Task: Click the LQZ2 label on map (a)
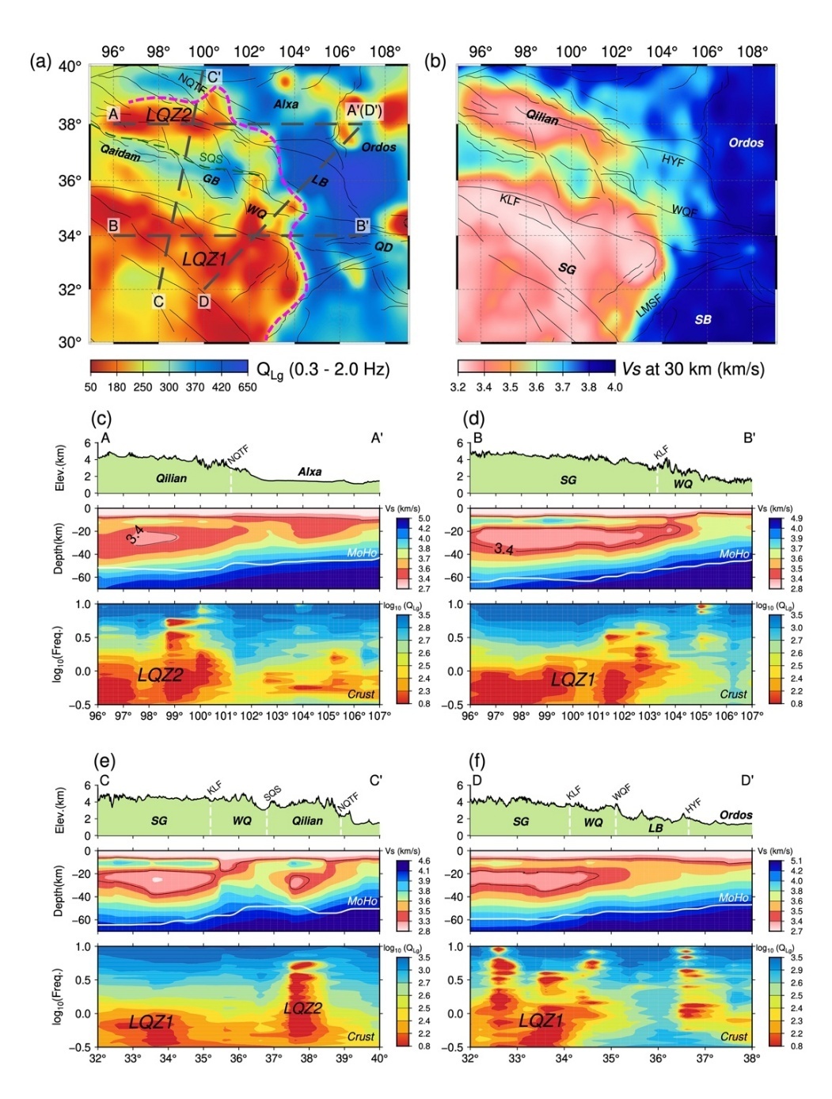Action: pyautogui.click(x=169, y=115)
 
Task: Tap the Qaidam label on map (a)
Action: pyautogui.click(x=120, y=152)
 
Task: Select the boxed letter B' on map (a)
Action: pyautogui.click(x=362, y=226)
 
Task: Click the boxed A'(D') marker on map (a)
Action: pyautogui.click(x=364, y=111)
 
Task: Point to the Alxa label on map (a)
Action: pyautogui.click(x=286, y=105)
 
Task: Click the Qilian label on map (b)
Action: pyautogui.click(x=542, y=118)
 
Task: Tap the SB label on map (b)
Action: pyautogui.click(x=703, y=320)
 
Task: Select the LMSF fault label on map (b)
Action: pyautogui.click(x=649, y=306)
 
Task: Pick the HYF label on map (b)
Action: pyautogui.click(x=673, y=161)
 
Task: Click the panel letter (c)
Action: pyautogui.click(x=101, y=418)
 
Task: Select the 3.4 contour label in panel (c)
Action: pyautogui.click(x=135, y=539)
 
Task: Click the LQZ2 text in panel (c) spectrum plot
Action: pyautogui.click(x=160, y=675)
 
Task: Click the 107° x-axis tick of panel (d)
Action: pyautogui.click(x=752, y=716)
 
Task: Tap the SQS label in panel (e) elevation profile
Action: pyautogui.click(x=272, y=793)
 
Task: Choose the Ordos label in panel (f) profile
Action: pyautogui.click(x=735, y=815)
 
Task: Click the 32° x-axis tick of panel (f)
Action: pyautogui.click(x=470, y=1058)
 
